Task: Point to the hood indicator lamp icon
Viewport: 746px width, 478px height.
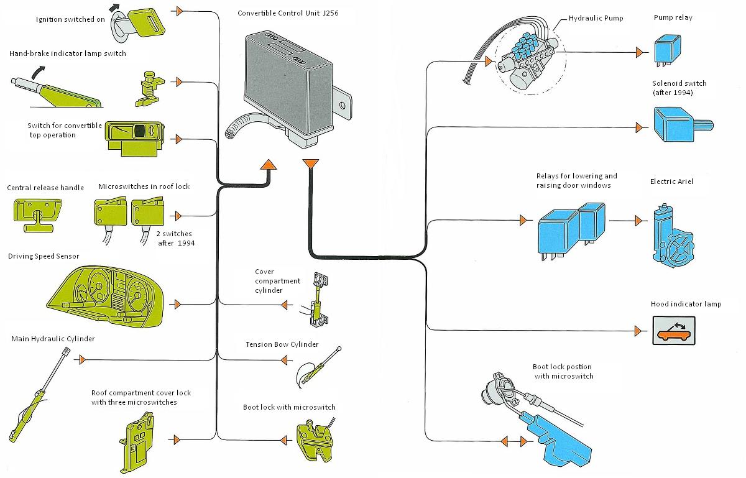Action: pos(674,331)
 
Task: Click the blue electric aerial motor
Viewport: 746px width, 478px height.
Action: pos(672,236)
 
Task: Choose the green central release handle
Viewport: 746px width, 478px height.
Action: pos(38,215)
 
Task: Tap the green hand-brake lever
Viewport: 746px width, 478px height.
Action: pos(57,92)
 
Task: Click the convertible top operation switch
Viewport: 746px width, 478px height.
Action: pos(134,138)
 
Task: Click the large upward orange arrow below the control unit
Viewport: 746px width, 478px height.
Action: pos(268,165)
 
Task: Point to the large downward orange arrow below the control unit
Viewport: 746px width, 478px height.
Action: pos(310,164)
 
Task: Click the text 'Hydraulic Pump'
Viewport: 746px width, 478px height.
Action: pos(596,18)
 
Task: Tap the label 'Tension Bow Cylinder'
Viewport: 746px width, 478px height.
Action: pos(282,344)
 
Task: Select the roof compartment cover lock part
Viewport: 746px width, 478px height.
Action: pos(137,443)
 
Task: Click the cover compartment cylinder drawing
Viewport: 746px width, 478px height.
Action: pos(319,300)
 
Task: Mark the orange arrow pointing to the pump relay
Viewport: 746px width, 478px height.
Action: pos(639,52)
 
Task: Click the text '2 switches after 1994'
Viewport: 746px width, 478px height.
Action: pos(175,238)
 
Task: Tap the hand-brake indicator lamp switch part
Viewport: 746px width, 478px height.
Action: pos(150,89)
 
